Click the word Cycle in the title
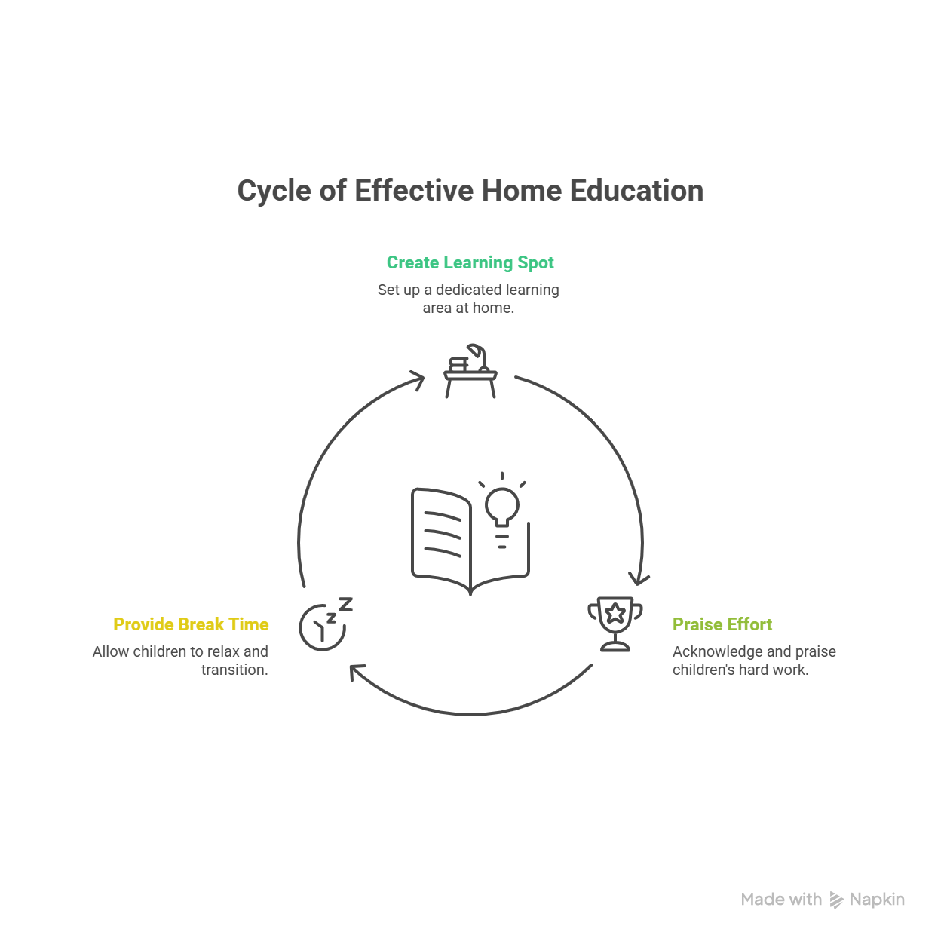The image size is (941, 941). [274, 192]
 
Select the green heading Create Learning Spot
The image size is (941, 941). [470, 262]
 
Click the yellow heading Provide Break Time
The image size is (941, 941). [191, 624]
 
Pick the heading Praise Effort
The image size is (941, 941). [722, 624]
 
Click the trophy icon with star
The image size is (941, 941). [615, 624]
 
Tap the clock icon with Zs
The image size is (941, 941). [325, 624]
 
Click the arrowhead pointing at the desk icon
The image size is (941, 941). [417, 379]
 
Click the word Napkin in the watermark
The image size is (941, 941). [877, 899]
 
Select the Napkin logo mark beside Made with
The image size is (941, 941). [836, 900]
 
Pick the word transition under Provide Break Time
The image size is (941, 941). [234, 670]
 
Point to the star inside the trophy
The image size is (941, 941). [615, 613]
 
